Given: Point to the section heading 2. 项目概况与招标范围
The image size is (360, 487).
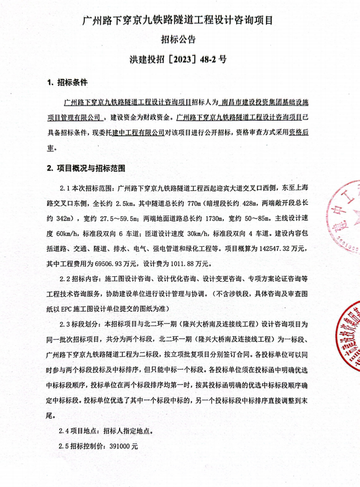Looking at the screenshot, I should click(x=86, y=168).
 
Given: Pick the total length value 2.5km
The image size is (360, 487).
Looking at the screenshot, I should click(x=124, y=204).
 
